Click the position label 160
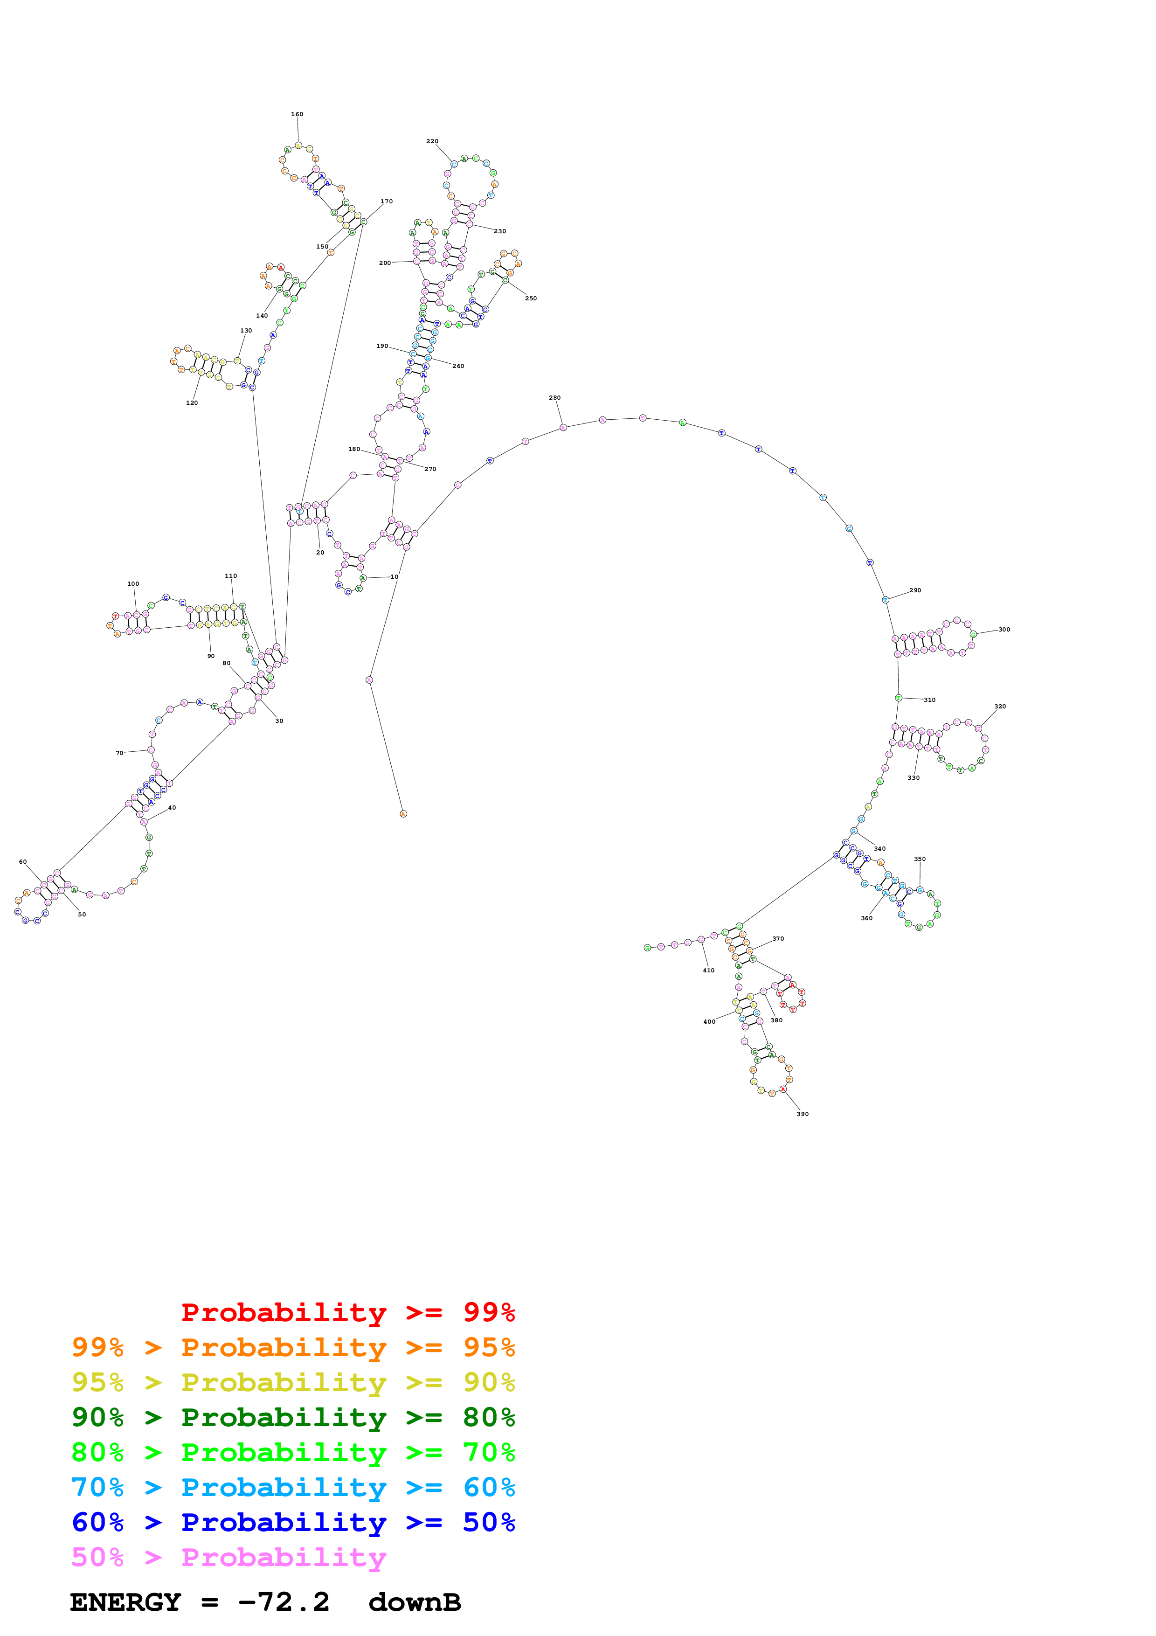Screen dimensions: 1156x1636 297,114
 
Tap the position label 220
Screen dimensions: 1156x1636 432,141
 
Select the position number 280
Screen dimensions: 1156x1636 555,398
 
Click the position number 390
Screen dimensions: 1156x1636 803,1114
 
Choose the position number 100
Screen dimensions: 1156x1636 133,583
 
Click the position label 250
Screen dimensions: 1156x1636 531,298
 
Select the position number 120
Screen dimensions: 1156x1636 192,402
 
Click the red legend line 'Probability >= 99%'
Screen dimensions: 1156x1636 347,1312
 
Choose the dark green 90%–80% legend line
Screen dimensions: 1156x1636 293,1417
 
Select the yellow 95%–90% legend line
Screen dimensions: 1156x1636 293,1382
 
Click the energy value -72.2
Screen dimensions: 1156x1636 284,1602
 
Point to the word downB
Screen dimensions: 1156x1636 415,1602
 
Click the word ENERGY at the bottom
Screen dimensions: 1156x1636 125,1602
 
